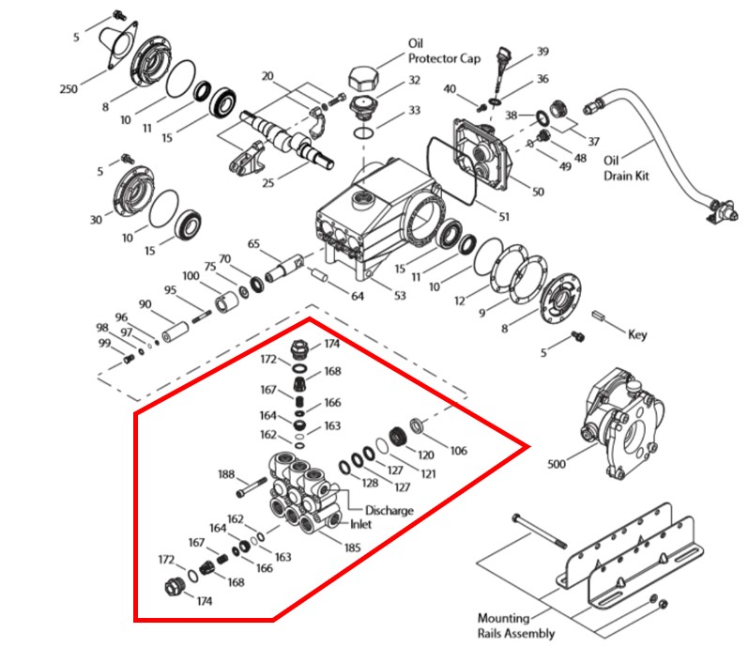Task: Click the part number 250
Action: pos(68,88)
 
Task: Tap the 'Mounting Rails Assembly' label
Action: pos(510,625)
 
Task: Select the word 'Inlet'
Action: pos(359,524)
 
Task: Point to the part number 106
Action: pos(457,451)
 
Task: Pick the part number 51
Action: pos(504,217)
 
